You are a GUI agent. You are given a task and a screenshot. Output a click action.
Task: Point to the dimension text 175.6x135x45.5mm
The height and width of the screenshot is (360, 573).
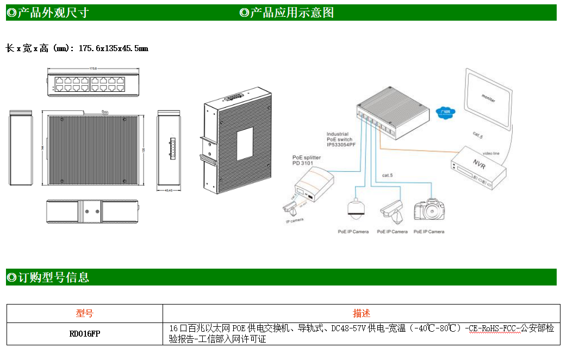click(113, 48)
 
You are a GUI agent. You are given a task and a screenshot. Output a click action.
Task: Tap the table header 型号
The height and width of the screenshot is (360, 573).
click(84, 313)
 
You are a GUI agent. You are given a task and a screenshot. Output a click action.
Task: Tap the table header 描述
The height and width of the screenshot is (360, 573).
click(361, 313)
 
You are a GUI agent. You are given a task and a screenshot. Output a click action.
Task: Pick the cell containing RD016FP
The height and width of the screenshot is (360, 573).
click(84, 334)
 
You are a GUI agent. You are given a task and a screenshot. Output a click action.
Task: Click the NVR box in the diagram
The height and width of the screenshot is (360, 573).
click(477, 166)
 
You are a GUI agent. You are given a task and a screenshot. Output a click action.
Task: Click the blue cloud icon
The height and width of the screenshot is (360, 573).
click(446, 112)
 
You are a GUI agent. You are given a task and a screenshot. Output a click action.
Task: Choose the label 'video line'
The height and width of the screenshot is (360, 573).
click(491, 153)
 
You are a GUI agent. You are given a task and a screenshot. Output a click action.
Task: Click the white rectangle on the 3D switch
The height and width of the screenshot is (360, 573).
click(245, 144)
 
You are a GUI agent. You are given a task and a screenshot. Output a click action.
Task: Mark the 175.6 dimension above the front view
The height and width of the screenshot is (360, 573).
click(93, 69)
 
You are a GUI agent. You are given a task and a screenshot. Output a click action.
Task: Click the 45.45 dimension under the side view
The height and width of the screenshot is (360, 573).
click(169, 190)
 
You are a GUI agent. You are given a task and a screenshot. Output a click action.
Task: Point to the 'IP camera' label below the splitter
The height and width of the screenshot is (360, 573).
click(295, 220)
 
